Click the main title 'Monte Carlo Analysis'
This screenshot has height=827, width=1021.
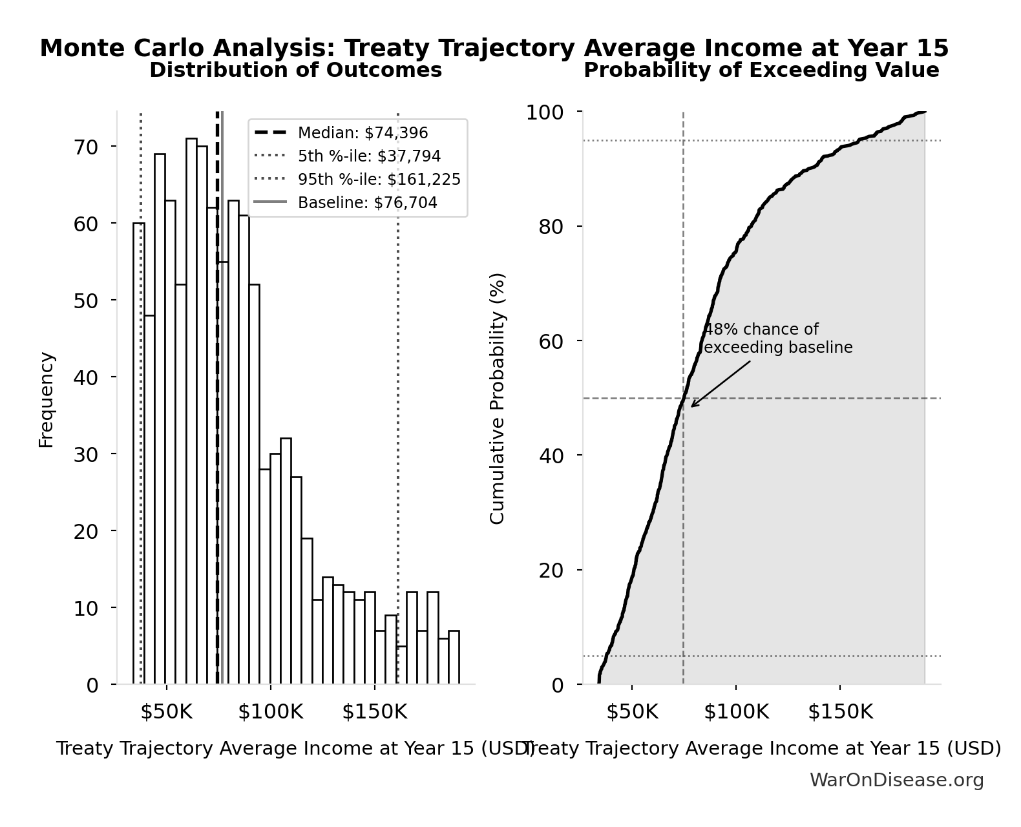tap(494, 48)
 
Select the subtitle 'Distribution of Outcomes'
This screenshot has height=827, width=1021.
tap(295, 70)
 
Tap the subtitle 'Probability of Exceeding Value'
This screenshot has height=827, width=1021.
tap(761, 70)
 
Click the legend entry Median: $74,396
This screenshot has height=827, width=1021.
tap(363, 133)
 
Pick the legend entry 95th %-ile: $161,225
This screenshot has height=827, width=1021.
tap(379, 180)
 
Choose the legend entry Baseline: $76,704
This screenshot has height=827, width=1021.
tap(367, 203)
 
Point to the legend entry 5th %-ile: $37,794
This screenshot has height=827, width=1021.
tap(369, 156)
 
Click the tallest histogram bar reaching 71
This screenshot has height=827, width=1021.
tap(191, 413)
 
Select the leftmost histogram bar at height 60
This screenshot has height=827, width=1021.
tap(139, 452)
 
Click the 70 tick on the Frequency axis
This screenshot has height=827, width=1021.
tap(85, 147)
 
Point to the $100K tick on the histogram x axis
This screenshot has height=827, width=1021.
tap(270, 712)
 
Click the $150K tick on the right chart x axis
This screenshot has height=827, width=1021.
tap(840, 712)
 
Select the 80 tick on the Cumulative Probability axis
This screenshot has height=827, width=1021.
tap(551, 227)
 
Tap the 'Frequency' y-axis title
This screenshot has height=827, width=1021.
tap(47, 399)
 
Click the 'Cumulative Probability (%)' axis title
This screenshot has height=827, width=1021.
tap(497, 399)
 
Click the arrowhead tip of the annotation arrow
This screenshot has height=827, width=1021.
tap(691, 407)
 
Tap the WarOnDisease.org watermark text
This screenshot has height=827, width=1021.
tap(896, 780)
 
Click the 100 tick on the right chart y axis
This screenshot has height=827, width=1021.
tap(544, 112)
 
